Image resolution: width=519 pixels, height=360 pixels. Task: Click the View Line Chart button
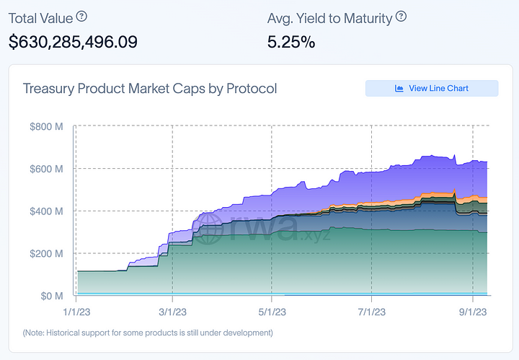coord(432,88)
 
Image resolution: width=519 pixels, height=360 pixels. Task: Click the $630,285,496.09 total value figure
coord(73,42)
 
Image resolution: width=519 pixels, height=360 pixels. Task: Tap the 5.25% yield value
coord(291,42)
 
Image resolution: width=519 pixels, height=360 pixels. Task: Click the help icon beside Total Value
coord(82,16)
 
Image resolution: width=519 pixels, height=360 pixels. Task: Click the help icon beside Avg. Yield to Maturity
coord(402,16)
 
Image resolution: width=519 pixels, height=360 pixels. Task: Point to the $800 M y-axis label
coord(47,127)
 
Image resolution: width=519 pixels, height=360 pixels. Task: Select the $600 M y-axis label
coord(47,169)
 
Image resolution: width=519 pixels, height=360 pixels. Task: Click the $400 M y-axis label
coord(47,211)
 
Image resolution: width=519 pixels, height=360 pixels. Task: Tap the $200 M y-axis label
coord(47,254)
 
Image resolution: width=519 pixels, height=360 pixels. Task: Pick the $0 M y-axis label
coord(51,296)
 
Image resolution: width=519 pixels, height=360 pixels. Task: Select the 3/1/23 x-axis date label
coord(173,312)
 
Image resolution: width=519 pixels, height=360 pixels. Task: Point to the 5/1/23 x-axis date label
coord(272,312)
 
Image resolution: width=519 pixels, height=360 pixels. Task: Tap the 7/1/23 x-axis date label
coord(371,312)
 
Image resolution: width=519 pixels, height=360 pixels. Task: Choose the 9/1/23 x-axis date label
coord(471,312)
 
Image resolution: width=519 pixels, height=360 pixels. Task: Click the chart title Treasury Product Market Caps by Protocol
coord(150,89)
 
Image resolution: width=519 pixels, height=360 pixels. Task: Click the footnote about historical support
coord(148,333)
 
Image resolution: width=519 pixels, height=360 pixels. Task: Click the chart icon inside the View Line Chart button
coord(399,88)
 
